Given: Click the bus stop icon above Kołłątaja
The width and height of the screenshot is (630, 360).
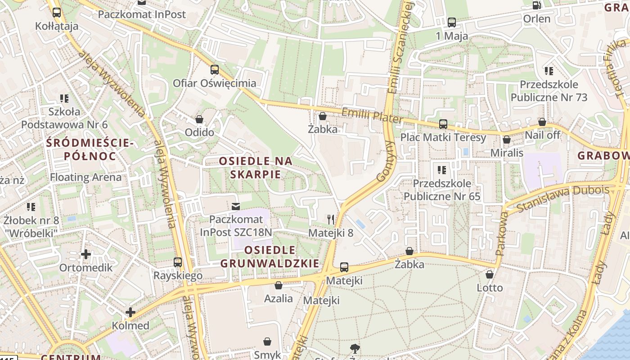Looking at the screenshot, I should pos(56,13).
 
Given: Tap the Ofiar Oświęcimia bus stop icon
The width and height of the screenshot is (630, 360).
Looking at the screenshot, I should pos(215,70).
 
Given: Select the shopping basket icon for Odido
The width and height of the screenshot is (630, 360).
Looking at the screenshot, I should pos(199,119).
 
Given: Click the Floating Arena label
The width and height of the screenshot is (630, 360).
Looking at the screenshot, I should pos(85,177).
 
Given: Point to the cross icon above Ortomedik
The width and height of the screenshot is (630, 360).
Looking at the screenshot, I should pos(85,254).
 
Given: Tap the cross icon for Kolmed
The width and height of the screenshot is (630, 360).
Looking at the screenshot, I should pos(130,312).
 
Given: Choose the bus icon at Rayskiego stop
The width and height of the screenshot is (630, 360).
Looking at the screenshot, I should pos(178,262).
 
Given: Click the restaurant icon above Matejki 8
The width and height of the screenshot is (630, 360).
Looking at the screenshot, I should pos(331,219).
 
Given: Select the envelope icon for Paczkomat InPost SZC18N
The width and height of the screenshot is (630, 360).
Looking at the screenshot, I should pos(235,207).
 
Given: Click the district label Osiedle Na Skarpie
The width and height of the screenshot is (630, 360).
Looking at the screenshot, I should pos(256,167).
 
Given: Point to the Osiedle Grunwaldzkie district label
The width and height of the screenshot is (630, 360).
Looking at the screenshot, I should pos(270,256).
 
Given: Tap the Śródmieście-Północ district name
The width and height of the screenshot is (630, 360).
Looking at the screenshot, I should pos(90,150).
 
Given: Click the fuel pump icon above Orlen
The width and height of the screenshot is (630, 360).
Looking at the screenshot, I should pos(536,5).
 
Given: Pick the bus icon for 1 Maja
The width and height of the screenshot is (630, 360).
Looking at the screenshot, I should pos(452,22).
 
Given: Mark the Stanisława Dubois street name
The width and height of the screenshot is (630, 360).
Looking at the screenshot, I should pos(562,198).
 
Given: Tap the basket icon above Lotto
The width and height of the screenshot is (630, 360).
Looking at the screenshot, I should pos(490,274).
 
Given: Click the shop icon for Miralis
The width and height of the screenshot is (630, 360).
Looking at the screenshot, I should pos(507,139).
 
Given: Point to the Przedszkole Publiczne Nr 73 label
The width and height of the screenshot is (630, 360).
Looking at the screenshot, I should pos(549,91).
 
